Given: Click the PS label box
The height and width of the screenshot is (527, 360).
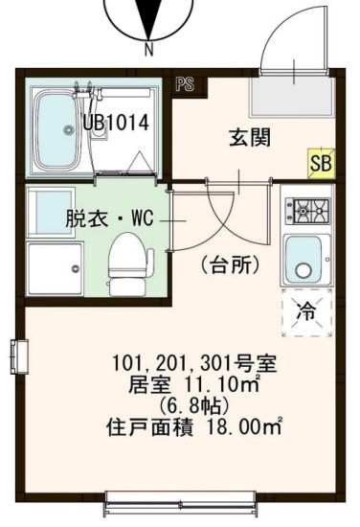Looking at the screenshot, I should click(186, 83).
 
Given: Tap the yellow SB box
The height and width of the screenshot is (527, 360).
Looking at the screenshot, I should click(322, 163).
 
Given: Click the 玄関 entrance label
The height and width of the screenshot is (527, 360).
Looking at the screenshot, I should click(249, 137).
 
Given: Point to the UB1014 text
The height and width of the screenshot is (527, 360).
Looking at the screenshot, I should click(114, 123).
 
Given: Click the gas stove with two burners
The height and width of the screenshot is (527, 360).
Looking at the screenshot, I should click(309, 208).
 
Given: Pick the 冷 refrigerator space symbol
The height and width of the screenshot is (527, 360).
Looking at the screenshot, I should click(306, 310).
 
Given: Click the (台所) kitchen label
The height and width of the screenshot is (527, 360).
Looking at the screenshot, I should click(230, 265).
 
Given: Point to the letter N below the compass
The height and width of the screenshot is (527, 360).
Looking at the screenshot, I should click(149, 48).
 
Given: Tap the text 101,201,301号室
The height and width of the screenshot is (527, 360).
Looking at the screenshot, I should click(183, 364).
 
